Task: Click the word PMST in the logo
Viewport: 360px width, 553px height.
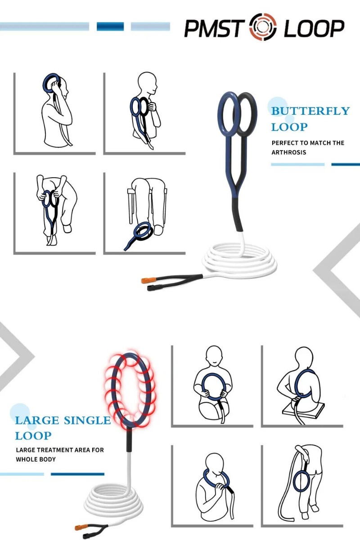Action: point(214,28)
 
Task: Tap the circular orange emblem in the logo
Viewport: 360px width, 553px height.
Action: point(263,27)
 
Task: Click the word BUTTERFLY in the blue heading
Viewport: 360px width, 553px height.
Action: point(310,111)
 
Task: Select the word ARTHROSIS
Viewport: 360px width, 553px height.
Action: point(288,153)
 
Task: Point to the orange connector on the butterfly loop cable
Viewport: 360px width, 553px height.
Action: point(148,280)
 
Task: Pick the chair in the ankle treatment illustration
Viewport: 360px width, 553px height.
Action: point(131,205)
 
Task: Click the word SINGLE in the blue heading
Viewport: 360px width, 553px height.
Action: point(87,420)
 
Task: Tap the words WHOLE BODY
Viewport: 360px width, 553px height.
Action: point(36,459)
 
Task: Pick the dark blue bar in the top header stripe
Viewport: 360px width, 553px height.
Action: point(110,27)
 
